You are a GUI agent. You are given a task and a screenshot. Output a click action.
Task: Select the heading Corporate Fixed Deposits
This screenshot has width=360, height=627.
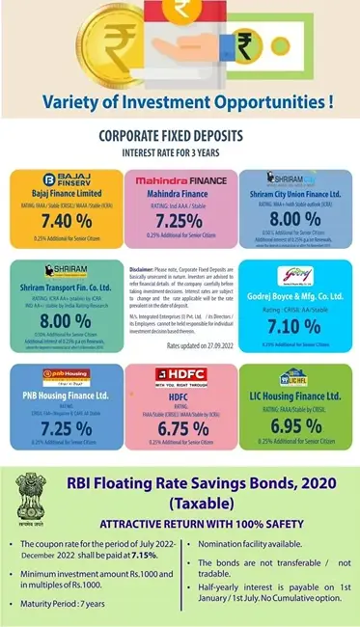pyautogui.click(x=180, y=137)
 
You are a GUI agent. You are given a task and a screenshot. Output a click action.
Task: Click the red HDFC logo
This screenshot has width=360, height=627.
pyautogui.click(x=180, y=373)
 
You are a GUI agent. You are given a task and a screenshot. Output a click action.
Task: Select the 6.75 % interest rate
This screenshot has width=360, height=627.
pyautogui.click(x=180, y=428)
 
